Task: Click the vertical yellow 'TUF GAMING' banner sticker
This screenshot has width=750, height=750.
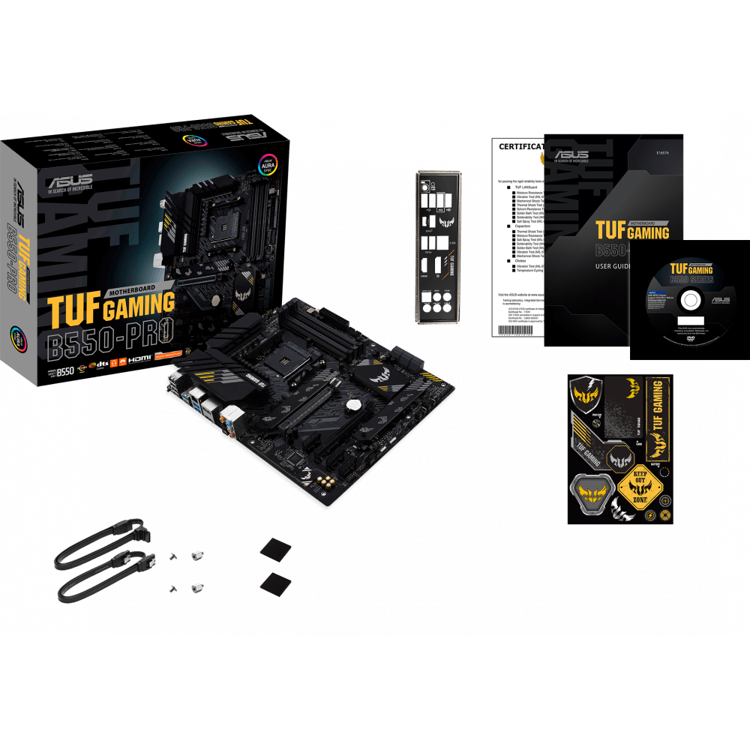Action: click(656, 417)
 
